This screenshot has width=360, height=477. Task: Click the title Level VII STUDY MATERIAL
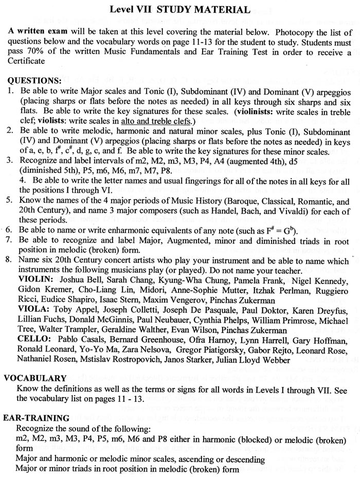click(x=181, y=9)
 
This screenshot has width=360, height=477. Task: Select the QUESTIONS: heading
click(x=33, y=80)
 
